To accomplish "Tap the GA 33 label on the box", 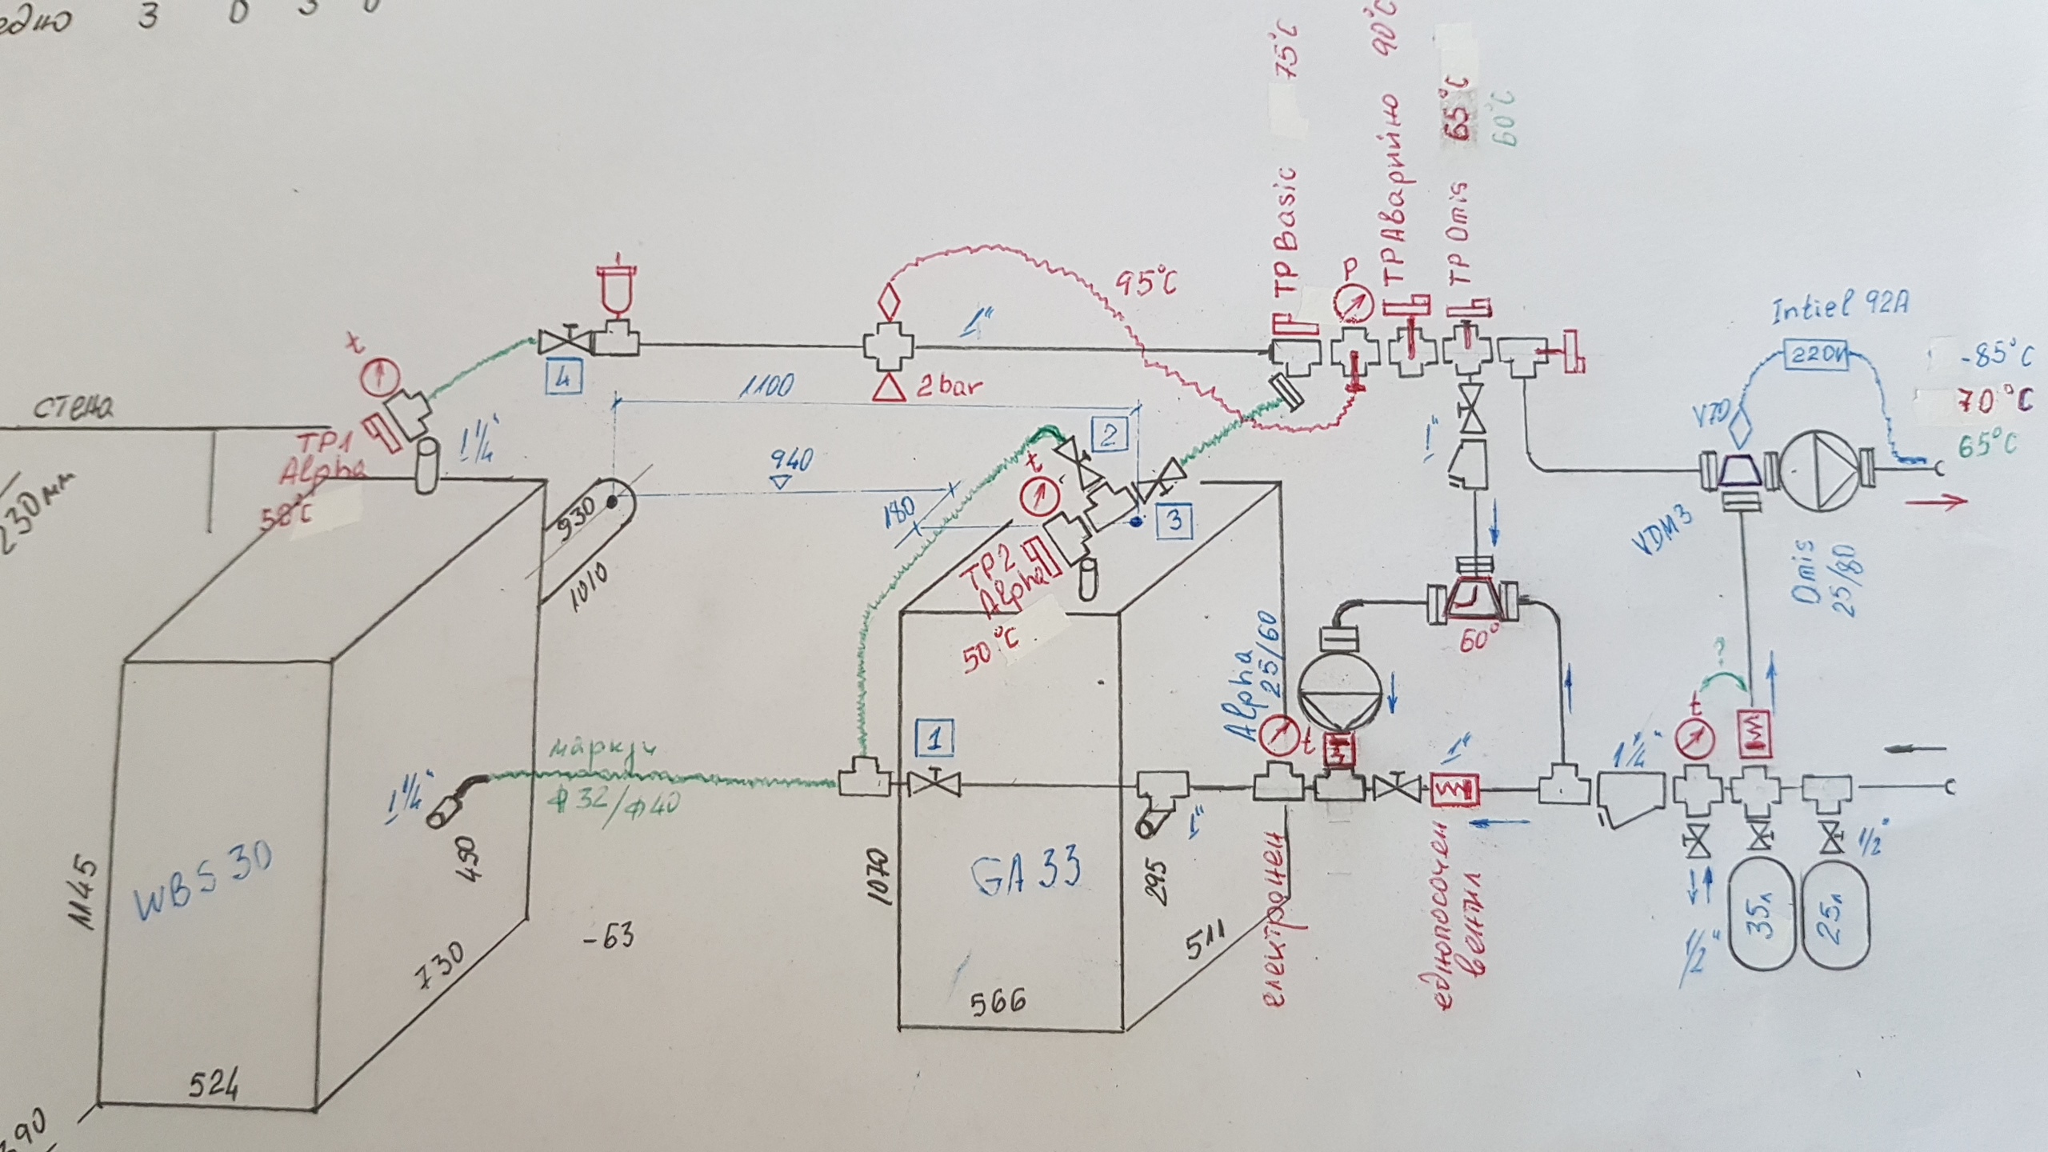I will (x=1027, y=870).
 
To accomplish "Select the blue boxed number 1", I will (x=934, y=738).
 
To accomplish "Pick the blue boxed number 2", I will (x=1110, y=434).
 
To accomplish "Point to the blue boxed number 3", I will (x=1174, y=519).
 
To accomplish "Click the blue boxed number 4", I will (x=563, y=378).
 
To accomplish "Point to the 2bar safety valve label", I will (x=949, y=387).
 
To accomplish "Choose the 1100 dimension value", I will (x=766, y=386).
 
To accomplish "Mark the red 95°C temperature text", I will (x=1146, y=282).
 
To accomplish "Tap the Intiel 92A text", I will (x=1839, y=307).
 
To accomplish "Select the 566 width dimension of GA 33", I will (x=997, y=1002).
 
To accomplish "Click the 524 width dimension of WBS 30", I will (x=214, y=1086).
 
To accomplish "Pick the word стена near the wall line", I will (x=74, y=409).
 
